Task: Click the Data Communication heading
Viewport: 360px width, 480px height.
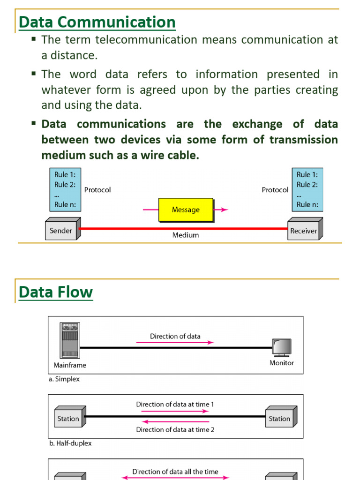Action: [x=97, y=22]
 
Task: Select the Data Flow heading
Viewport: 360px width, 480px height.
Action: [x=56, y=292]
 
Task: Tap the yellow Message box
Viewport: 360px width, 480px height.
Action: [x=186, y=210]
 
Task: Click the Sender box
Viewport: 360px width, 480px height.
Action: [x=61, y=231]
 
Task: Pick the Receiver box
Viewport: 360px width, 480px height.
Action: [x=303, y=231]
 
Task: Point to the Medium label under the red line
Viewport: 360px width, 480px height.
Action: [x=186, y=235]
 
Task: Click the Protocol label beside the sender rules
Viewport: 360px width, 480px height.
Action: [x=97, y=190]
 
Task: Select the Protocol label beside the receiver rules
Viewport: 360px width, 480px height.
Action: [x=275, y=190]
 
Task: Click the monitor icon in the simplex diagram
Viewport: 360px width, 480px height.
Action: [x=282, y=347]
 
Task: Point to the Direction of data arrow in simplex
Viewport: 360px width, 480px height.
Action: [x=175, y=343]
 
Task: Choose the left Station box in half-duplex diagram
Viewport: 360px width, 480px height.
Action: [x=68, y=419]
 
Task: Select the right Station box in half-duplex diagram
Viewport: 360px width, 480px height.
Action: [x=279, y=419]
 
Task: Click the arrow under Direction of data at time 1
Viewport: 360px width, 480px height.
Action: [x=172, y=411]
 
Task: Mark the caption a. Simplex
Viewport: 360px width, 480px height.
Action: [x=64, y=379]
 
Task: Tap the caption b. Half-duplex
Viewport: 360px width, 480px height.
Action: [x=70, y=443]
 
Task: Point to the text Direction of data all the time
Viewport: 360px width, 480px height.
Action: [x=175, y=472]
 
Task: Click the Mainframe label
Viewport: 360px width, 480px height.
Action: [x=70, y=365]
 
